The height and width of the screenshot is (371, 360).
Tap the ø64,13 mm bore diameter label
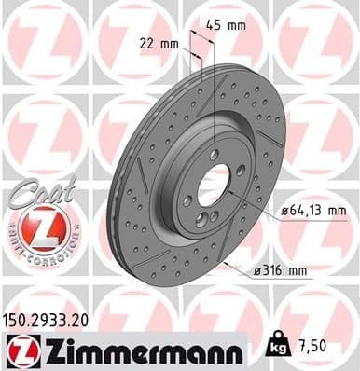pos(313,212)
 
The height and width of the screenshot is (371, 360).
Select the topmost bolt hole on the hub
pos(215,154)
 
